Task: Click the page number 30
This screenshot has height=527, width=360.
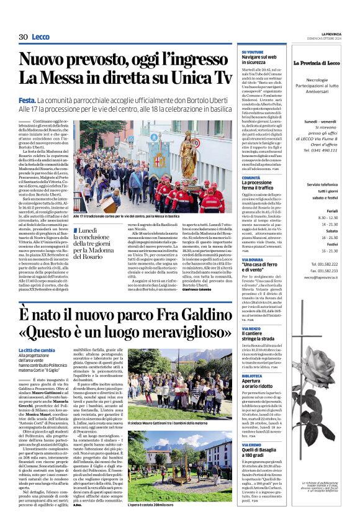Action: [23, 37]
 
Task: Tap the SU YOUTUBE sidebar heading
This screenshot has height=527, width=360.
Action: [252, 52]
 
